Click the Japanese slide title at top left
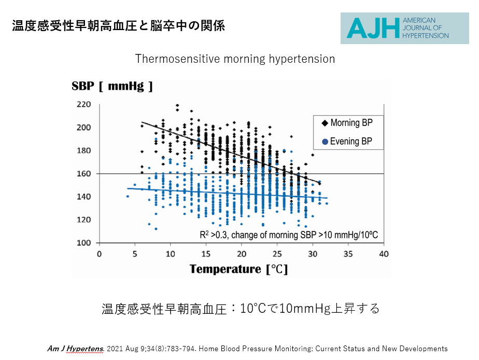118,25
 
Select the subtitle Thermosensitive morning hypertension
235,59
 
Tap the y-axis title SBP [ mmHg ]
112,86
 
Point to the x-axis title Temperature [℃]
238,269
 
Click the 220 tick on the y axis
84,105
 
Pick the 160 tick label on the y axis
84,174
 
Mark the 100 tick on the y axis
84,243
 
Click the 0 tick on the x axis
100,254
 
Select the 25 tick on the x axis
277,254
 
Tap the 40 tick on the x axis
384,254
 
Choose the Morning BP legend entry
347,123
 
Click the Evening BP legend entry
347,141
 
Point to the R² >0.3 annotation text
289,235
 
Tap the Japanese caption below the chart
241,309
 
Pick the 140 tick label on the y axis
84,197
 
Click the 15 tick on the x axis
206,254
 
